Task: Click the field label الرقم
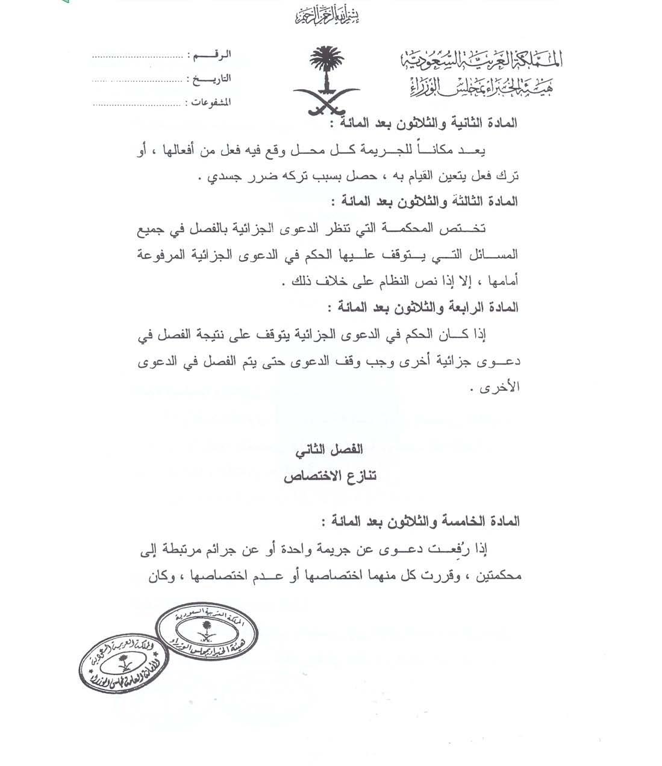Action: coord(211,55)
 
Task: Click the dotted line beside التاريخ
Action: coord(137,80)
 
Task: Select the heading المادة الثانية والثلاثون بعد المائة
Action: coord(423,123)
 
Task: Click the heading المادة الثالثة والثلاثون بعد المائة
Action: coord(424,202)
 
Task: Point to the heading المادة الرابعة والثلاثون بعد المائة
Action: coord(423,308)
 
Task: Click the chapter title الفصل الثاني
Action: coord(328,450)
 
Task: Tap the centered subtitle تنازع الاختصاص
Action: coord(330,476)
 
